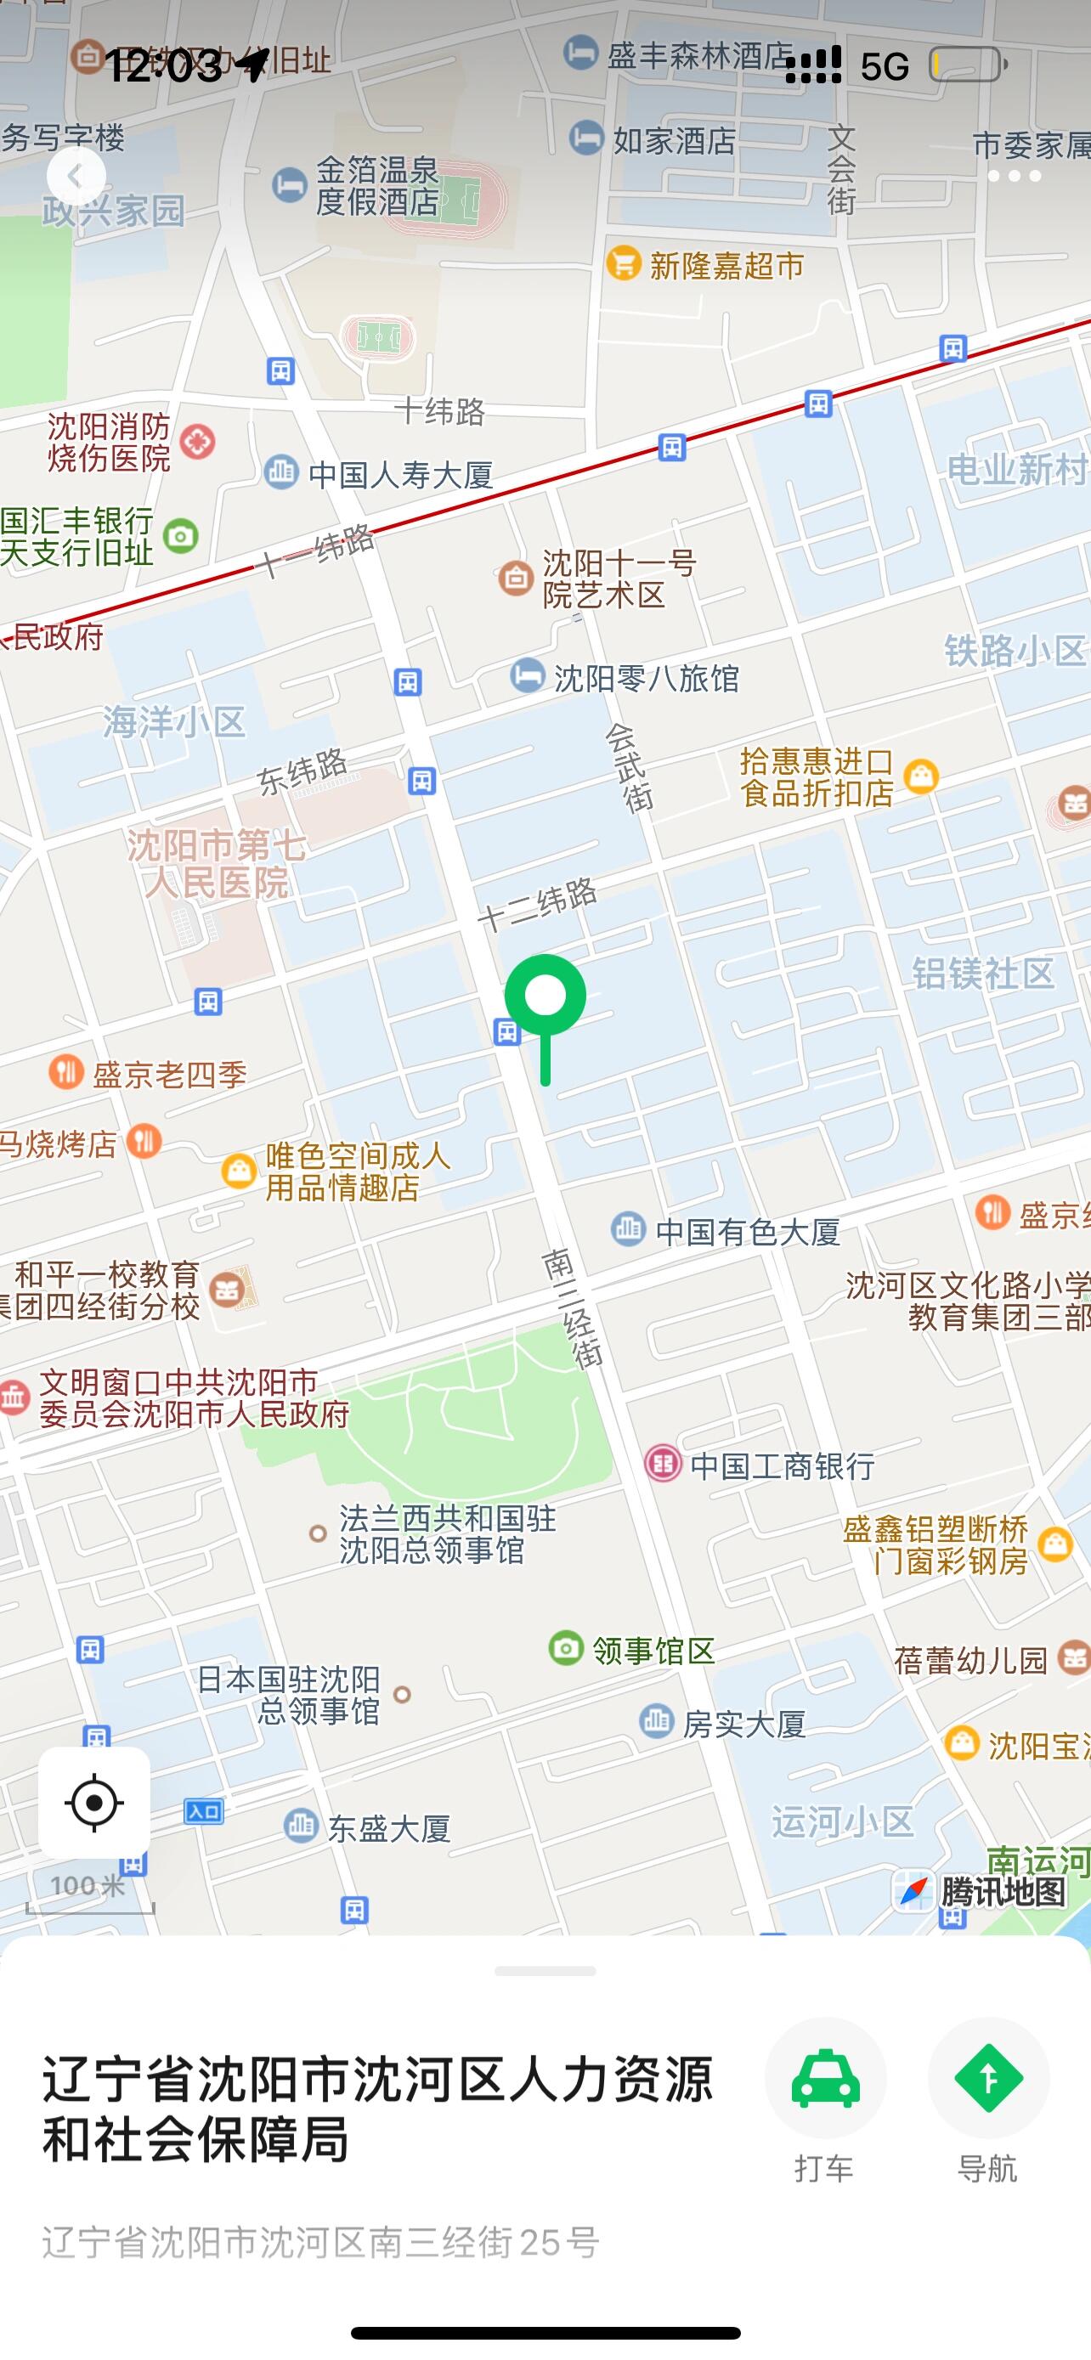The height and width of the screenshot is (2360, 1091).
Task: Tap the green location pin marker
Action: pyautogui.click(x=545, y=997)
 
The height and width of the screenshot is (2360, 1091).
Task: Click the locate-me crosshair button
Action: pyautogui.click(x=94, y=1803)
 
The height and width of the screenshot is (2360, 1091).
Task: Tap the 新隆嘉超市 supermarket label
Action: pyautogui.click(x=726, y=266)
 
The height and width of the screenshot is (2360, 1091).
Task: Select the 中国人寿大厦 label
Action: pyautogui.click(x=400, y=475)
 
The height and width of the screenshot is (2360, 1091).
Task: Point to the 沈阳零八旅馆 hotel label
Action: pyautogui.click(x=646, y=678)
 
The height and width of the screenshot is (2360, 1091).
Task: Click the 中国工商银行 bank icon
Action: pyautogui.click(x=664, y=1463)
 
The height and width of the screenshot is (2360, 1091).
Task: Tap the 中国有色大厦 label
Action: pyautogui.click(x=747, y=1232)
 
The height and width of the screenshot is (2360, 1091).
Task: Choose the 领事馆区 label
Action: pyautogui.click(x=653, y=1651)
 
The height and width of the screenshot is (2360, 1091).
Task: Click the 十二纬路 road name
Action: pyautogui.click(x=538, y=903)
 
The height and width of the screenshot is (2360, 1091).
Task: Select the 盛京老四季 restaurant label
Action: pyautogui.click(x=169, y=1075)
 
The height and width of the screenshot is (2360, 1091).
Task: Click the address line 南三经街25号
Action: pyautogui.click(x=320, y=2243)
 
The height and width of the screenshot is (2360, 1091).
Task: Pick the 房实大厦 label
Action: pyautogui.click(x=743, y=1725)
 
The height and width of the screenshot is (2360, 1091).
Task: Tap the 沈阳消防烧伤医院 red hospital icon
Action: pyautogui.click(x=198, y=443)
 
